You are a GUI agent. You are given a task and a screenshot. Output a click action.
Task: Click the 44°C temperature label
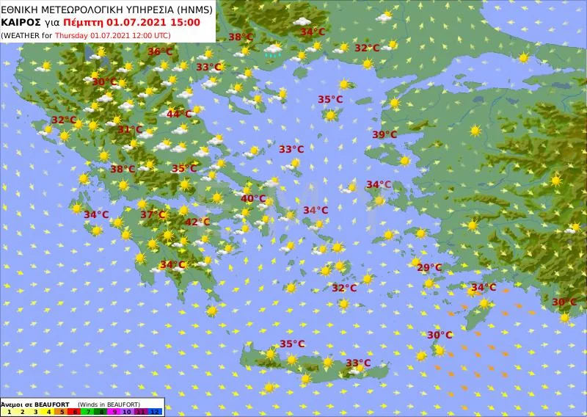coord(179,114)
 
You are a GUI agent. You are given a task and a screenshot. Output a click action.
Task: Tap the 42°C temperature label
coord(197,222)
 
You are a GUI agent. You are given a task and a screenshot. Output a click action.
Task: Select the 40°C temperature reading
coord(253,198)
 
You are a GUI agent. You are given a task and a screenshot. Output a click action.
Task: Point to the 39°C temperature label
coord(384,134)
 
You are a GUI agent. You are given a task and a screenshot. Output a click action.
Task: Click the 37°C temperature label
coord(153,214)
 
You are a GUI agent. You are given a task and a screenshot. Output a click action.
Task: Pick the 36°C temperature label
coord(160,51)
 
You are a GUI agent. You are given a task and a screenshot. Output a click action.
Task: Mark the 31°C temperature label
coord(130,130)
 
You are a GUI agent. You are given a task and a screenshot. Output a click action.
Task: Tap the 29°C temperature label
coord(429,267)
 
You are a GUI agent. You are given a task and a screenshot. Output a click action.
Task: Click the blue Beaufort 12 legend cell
coord(156,413)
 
